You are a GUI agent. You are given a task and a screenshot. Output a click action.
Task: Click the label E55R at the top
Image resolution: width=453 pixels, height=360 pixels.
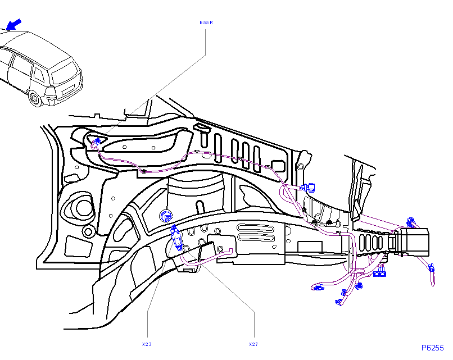click(x=207, y=23)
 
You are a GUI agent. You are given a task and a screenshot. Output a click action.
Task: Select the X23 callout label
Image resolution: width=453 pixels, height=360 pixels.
click(x=147, y=343)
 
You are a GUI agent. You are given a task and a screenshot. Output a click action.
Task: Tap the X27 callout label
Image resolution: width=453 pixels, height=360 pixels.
click(x=253, y=343)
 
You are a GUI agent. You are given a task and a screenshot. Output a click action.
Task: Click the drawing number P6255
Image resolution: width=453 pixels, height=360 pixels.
click(x=433, y=348)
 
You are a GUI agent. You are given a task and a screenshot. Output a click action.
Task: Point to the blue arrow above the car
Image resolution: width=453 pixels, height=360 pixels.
click(x=14, y=24)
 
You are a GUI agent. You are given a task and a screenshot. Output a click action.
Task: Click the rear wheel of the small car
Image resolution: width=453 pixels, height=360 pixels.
click(x=35, y=99)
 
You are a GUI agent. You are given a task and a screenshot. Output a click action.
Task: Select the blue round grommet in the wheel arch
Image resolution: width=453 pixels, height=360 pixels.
click(x=166, y=215)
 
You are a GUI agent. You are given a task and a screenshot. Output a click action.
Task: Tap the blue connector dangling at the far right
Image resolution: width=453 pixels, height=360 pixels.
click(x=432, y=270)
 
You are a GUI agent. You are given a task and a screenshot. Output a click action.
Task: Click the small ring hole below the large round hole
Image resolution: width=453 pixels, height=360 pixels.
click(x=88, y=231)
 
